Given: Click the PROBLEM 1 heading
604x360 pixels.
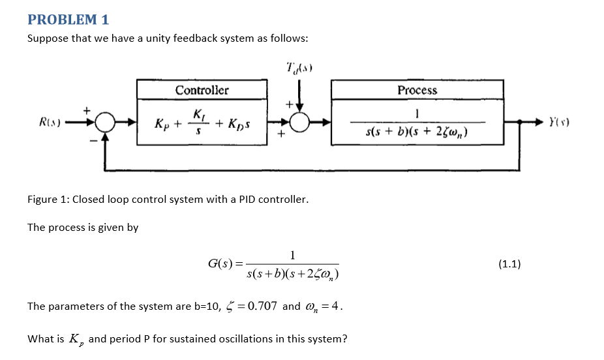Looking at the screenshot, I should point(68,20).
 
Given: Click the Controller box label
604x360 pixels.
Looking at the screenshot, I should point(202,90).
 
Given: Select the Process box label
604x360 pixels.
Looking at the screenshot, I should point(417,90).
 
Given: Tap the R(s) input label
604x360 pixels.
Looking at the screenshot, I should point(51,122).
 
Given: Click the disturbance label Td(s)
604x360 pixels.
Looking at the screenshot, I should point(299,67).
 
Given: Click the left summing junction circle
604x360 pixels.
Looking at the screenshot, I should point(105,122).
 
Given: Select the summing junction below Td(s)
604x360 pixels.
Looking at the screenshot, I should point(299,122).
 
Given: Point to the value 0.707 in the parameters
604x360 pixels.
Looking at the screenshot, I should point(264,306).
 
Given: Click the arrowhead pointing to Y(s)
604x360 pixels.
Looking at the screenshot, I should point(543,122).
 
